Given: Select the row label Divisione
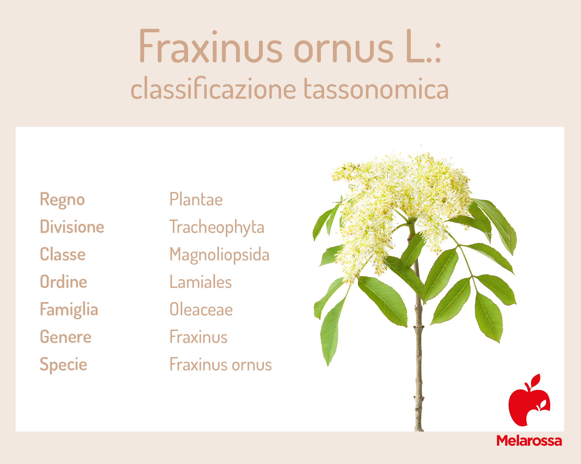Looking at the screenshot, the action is tap(72, 226).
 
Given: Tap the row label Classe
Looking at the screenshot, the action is tap(63, 254).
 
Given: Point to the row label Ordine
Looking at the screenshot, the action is tap(64, 282).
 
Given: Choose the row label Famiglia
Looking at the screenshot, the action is tap(69, 310).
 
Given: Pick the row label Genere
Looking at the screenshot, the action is tap(66, 337).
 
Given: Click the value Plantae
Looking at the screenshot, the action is tap(196, 199).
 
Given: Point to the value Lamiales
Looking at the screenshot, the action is tap(201, 282).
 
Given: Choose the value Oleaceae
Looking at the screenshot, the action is tap(201, 309).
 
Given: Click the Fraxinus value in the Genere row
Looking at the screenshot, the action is tap(198, 337).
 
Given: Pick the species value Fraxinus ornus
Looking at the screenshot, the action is tap(220, 364).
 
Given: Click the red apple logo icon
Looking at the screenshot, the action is tap(529, 400).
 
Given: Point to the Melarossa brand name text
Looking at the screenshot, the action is tap(529, 441).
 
